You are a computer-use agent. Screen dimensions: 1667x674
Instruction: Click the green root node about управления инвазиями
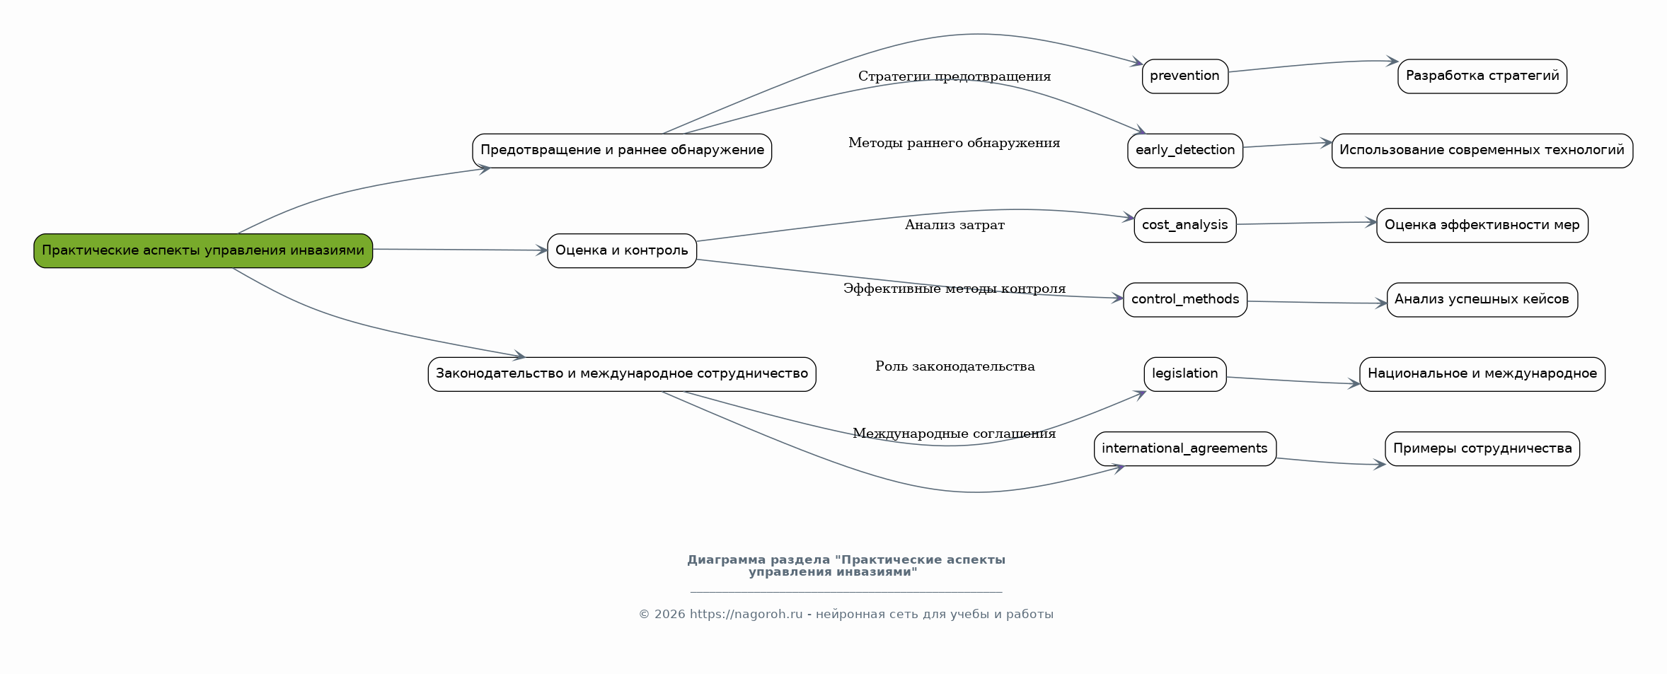pyautogui.click(x=203, y=250)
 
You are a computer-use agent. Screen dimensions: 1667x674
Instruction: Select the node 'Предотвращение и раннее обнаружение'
pyautogui.click(x=622, y=151)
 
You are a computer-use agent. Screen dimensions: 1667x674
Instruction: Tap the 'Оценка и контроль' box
pyautogui.click(x=622, y=250)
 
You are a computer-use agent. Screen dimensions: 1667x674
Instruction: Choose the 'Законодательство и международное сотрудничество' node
pyautogui.click(x=622, y=374)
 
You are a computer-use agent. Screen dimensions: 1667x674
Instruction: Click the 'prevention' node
pyautogui.click(x=1185, y=76)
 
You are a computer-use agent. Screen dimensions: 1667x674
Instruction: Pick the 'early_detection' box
pyautogui.click(x=1185, y=151)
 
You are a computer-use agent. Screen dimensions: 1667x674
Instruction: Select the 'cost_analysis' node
pyautogui.click(x=1185, y=226)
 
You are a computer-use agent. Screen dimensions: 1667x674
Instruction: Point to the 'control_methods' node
pyautogui.click(x=1185, y=300)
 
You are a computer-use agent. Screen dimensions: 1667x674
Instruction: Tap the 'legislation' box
pyautogui.click(x=1185, y=374)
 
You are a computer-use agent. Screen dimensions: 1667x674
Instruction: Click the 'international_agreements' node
pyautogui.click(x=1185, y=449)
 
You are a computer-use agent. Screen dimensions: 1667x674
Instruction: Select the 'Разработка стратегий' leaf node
pyautogui.click(x=1482, y=76)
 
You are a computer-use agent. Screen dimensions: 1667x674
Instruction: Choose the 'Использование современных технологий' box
pyautogui.click(x=1482, y=151)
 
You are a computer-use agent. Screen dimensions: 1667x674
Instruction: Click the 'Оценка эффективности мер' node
pyautogui.click(x=1482, y=226)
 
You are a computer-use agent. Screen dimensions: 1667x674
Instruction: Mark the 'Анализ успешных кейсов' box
pyautogui.click(x=1482, y=300)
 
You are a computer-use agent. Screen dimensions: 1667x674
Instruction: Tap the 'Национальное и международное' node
pyautogui.click(x=1482, y=374)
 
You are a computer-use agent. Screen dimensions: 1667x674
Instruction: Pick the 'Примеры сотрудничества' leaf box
pyautogui.click(x=1482, y=449)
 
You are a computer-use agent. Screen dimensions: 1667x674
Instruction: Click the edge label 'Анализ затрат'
pyautogui.click(x=954, y=225)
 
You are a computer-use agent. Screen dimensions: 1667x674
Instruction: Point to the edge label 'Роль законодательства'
pyautogui.click(x=954, y=366)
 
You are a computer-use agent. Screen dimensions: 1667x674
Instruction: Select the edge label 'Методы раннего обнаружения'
pyautogui.click(x=954, y=143)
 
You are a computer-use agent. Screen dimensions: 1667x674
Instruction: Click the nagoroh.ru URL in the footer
pyautogui.click(x=746, y=614)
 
